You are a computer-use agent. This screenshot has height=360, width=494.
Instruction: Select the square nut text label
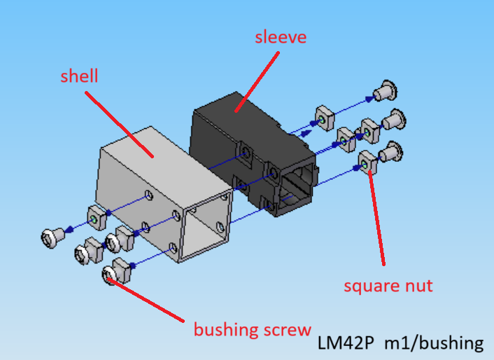388,286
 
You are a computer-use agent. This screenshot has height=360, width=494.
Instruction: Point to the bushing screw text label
252,328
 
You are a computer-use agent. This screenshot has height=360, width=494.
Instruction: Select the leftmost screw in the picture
50,238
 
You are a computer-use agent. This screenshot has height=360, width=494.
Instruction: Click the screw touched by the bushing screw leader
111,275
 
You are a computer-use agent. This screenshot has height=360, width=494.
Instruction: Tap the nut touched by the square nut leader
367,162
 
